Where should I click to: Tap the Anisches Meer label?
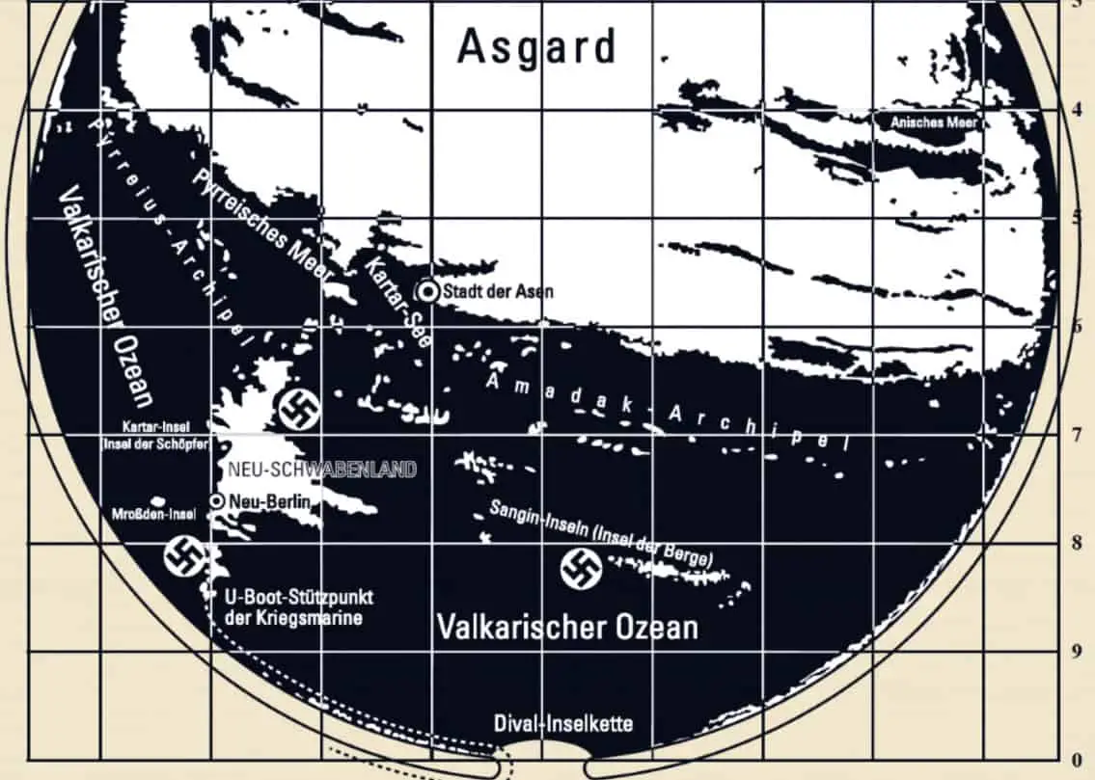click(x=933, y=122)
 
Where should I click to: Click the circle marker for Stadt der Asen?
click(x=427, y=291)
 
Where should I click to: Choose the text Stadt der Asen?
click(x=498, y=291)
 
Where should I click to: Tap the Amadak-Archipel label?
click(x=666, y=411)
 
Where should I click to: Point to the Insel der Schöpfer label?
click(x=156, y=444)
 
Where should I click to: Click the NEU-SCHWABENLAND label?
click(x=320, y=470)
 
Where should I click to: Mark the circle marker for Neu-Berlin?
click(x=217, y=500)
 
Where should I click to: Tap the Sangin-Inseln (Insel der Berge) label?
click(x=600, y=534)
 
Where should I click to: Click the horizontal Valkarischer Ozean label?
click(x=566, y=627)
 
